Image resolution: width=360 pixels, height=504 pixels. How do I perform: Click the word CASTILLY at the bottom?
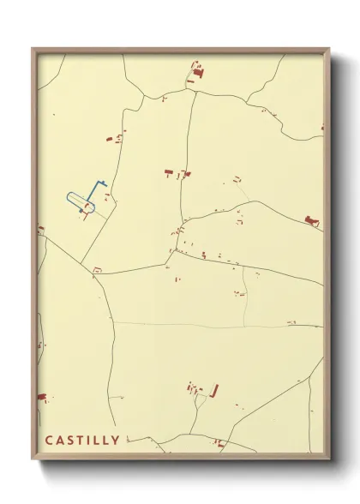[83, 441]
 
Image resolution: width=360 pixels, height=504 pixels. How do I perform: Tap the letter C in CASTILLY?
[49, 441]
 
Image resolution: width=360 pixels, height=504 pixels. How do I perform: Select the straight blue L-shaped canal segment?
[97, 185]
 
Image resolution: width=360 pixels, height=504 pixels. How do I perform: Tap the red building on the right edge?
[312, 221]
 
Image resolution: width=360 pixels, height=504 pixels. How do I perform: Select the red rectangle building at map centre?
[169, 172]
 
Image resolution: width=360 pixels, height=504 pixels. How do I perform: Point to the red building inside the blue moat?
[86, 207]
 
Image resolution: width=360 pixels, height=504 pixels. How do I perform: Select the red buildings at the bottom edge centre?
[219, 442]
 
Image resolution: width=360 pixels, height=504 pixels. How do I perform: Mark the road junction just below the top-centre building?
[195, 91]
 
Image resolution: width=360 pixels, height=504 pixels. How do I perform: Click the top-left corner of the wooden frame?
[33, 49]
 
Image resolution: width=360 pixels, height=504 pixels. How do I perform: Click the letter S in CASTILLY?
[71, 441]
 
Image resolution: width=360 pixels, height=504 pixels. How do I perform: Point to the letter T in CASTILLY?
[81, 441]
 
